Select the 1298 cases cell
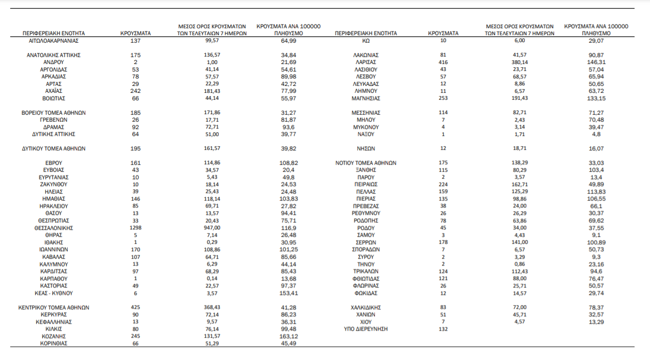135,228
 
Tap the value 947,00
212,228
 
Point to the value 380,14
520,62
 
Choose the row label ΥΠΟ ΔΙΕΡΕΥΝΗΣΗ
366,329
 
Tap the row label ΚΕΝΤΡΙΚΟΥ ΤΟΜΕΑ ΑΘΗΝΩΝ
53,308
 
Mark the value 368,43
212,308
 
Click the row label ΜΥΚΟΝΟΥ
366,127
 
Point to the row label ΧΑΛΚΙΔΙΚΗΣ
366,308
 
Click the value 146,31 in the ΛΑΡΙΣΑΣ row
596,62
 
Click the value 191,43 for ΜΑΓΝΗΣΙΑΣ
520,98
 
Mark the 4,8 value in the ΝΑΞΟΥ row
596,134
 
